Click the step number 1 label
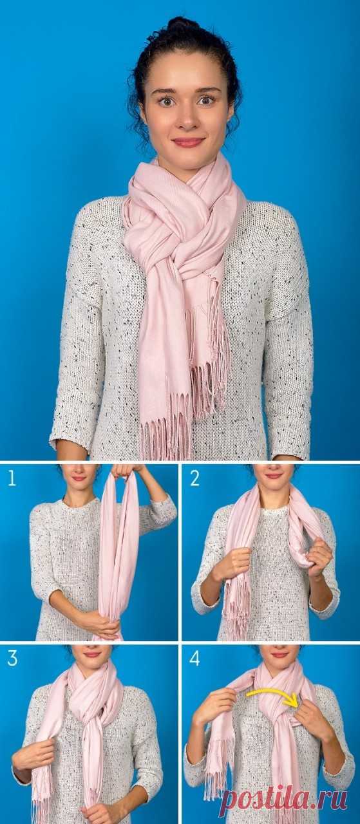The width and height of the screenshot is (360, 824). (x=12, y=478)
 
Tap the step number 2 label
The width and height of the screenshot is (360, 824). (x=194, y=478)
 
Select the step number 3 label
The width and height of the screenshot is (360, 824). (x=12, y=658)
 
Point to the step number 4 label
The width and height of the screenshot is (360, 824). (x=194, y=658)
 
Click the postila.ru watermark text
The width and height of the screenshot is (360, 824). (x=285, y=798)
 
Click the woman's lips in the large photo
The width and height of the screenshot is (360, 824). (x=188, y=142)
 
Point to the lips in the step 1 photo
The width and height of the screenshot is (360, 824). (x=79, y=478)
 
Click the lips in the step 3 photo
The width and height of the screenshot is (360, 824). (x=91, y=655)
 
